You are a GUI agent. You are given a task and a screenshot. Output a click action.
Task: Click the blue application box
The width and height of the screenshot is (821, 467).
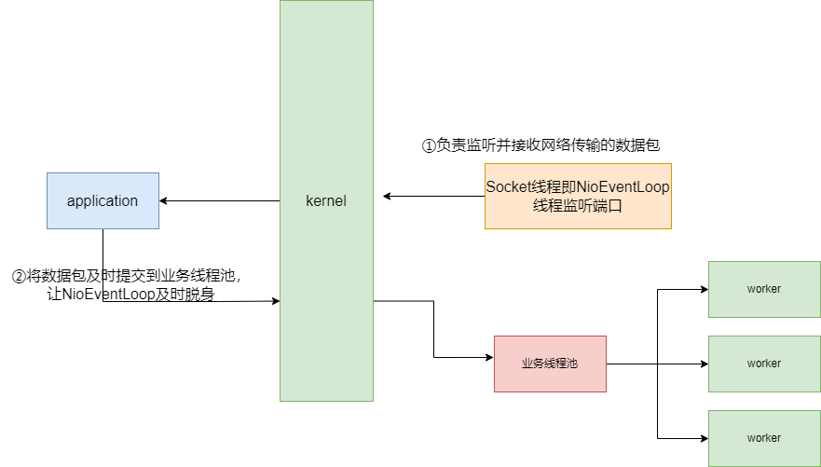(103, 200)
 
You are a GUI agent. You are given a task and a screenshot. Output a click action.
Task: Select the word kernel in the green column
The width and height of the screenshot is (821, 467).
(326, 200)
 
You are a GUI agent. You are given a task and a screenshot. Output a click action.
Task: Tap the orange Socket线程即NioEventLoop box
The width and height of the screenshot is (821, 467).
(578, 196)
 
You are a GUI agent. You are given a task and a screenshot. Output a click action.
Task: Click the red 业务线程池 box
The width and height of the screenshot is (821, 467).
(550, 364)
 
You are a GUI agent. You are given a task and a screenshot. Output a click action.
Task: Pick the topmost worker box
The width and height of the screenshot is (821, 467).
(764, 289)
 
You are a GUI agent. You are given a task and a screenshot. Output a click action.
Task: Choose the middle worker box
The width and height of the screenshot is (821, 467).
(764, 364)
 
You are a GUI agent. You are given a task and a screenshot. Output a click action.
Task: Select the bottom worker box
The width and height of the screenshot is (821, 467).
(764, 438)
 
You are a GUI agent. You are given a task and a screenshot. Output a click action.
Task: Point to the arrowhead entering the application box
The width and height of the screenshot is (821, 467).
(164, 200)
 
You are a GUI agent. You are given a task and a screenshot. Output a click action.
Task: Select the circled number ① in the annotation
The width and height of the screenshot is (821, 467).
(429, 145)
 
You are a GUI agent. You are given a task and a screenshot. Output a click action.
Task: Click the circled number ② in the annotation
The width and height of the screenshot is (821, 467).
(18, 277)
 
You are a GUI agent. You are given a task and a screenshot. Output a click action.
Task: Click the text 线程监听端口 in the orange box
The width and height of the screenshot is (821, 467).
(578, 206)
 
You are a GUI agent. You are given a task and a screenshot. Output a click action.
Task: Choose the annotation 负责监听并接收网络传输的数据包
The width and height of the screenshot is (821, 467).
(548, 145)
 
